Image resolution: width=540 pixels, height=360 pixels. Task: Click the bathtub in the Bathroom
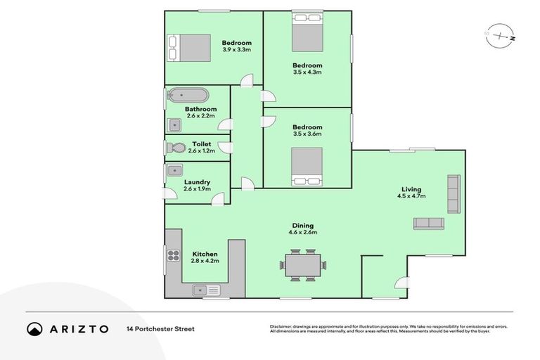(x=188, y=95)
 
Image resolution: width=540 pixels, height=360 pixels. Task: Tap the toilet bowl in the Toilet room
(x=176, y=148)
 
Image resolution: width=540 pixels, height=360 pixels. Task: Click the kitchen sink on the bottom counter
(x=206, y=290)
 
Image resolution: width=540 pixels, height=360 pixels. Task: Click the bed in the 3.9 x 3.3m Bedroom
(x=189, y=48)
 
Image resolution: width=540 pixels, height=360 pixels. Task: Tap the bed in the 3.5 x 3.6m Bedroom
(x=307, y=167)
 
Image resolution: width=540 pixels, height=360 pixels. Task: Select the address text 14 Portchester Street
(x=160, y=328)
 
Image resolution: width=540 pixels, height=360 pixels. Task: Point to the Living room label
(x=411, y=189)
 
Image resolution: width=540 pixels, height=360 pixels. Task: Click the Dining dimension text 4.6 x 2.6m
(x=302, y=232)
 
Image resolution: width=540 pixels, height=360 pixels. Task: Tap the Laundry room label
(x=197, y=181)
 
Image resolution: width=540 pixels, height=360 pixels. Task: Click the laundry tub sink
(x=175, y=170)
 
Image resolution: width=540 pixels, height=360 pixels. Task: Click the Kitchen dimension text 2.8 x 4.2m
(x=205, y=261)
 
